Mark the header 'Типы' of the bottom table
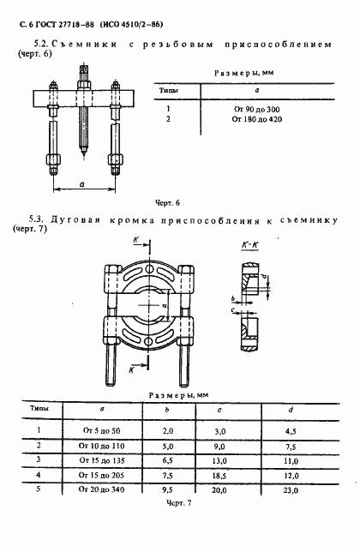point(33,411)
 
